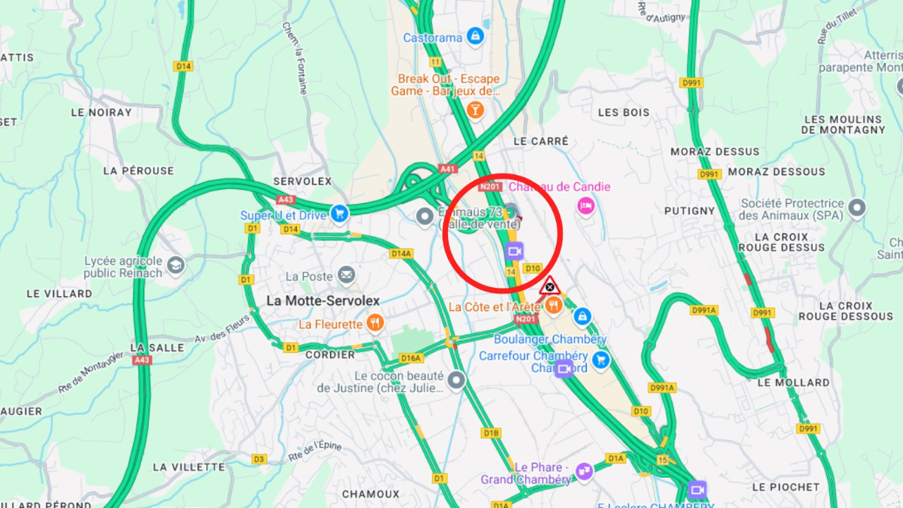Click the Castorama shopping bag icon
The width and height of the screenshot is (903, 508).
475,36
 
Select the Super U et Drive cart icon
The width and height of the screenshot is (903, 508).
340,213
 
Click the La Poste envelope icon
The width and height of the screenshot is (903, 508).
346,275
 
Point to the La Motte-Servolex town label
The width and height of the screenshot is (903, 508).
323,301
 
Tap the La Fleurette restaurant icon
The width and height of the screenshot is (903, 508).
375,323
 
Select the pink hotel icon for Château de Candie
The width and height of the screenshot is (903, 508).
585,206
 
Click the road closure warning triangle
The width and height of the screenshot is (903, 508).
550,286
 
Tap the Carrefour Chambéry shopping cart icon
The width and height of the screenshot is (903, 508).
600,360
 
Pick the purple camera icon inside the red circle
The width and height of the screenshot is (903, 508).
514,250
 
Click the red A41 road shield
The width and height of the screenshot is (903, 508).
447,169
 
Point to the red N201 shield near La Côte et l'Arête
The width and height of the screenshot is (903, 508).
526,320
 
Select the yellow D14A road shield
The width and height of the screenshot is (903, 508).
401,253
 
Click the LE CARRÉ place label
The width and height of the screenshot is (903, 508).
541,141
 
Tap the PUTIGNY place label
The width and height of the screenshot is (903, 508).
689,210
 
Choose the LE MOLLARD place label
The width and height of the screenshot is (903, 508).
793,382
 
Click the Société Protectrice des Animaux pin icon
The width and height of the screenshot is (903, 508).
857,207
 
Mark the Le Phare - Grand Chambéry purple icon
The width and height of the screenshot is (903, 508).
584,471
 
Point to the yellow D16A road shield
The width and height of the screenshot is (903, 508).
411,358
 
